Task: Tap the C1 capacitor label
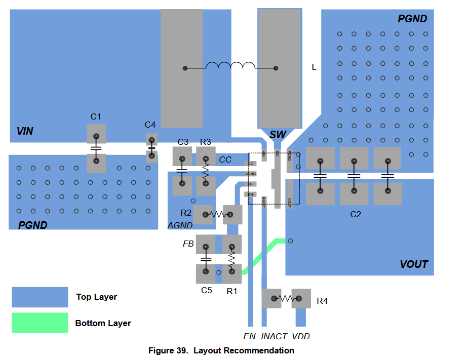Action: [x=96, y=117]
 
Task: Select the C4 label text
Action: [x=150, y=125]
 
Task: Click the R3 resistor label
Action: [x=205, y=142]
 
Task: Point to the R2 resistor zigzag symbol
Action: [x=218, y=215]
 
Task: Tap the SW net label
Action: [x=278, y=135]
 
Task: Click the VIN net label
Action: [x=25, y=131]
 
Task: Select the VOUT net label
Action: [x=414, y=264]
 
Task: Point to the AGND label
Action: [x=180, y=226]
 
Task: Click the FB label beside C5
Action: [x=188, y=244]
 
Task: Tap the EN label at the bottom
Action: [x=249, y=336]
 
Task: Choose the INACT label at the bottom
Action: [x=274, y=336]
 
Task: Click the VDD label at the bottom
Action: [x=301, y=336]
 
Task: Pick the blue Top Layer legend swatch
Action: [x=40, y=297]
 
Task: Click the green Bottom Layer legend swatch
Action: [x=40, y=323]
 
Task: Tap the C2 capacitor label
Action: [x=356, y=214]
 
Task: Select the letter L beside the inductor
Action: [x=314, y=67]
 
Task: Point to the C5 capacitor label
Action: [x=206, y=290]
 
